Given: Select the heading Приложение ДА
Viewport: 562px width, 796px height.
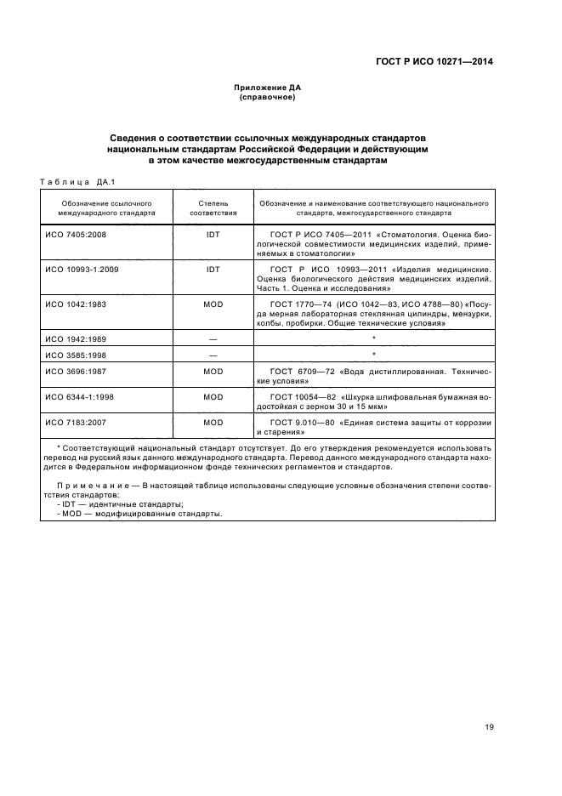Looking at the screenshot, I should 268,88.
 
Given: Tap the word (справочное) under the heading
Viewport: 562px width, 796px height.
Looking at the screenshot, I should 268,98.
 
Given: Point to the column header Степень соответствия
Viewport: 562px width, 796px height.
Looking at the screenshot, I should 213,209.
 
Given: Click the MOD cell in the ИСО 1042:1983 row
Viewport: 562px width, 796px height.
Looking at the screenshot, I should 213,304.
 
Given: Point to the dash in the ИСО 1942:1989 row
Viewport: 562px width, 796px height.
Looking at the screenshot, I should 213,338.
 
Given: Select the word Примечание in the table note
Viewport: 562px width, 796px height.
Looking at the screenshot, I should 88,483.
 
